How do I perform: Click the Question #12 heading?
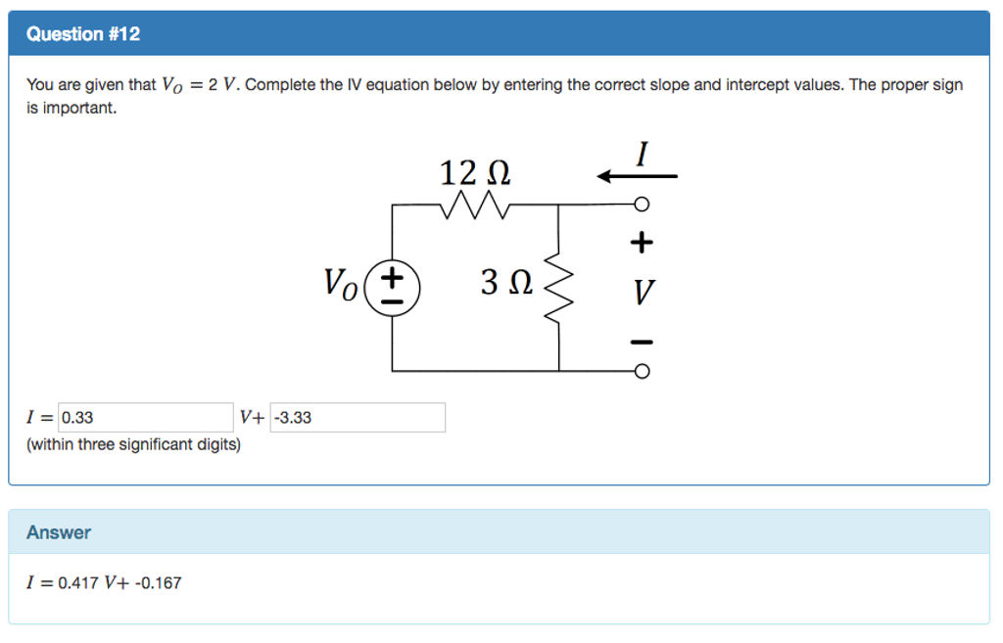coord(83,34)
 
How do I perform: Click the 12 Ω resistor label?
coord(475,174)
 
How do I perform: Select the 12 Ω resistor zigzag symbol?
coord(475,205)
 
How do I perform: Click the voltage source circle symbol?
coord(393,289)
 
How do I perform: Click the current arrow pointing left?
coord(637,176)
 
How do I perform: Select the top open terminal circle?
coord(642,205)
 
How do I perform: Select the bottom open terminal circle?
coord(642,372)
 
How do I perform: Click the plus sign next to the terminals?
coord(642,240)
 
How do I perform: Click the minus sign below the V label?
coord(642,342)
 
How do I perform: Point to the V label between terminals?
coord(643,291)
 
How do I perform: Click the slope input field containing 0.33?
coord(146,418)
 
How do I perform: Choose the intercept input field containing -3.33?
coord(358,418)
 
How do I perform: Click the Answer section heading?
coord(59,532)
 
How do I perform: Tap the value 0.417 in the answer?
coord(78,583)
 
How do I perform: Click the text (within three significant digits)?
coord(133,444)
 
